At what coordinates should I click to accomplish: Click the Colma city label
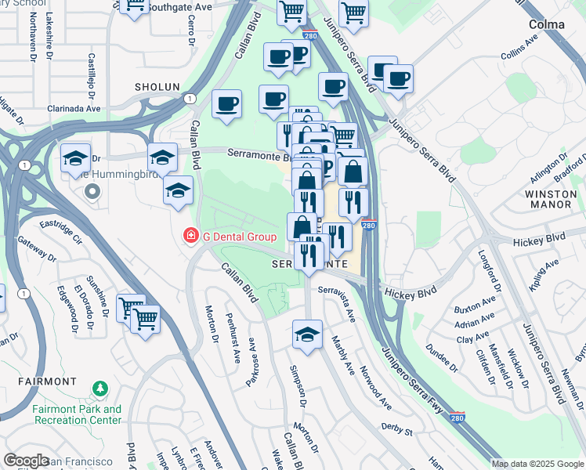[546, 24]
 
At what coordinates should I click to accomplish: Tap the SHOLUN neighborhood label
[157, 87]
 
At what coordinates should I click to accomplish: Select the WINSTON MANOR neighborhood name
[548, 199]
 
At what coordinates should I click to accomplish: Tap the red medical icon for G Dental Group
[190, 236]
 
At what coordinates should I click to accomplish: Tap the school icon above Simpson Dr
[307, 334]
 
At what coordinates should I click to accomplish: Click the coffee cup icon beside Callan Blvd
[226, 104]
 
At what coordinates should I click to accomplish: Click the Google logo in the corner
[26, 461]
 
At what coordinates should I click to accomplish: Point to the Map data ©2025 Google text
[537, 464]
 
